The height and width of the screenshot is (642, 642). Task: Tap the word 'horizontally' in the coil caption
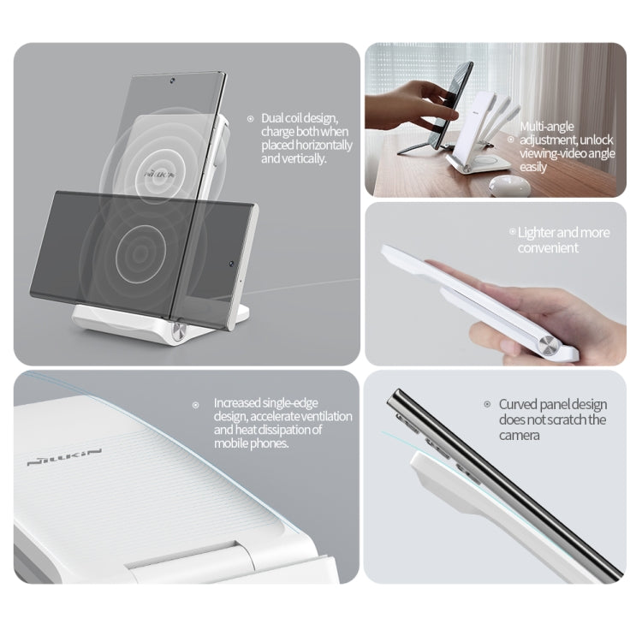318,146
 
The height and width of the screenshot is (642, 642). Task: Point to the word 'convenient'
548,248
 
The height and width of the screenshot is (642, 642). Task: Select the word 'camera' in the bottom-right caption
520,435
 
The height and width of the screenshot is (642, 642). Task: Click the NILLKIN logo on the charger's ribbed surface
64,455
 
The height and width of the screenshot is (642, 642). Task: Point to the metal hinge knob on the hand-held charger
548,346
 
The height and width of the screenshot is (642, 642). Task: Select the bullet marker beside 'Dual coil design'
250,119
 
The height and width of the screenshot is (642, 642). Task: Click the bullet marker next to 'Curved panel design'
488,404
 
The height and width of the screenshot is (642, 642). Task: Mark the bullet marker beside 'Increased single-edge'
196,403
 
